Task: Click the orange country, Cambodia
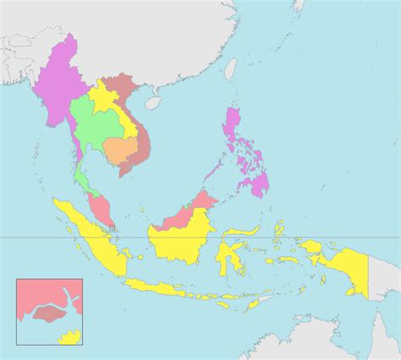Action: tap(121, 150)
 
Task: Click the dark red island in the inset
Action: tap(51, 314)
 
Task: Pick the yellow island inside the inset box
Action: tap(69, 338)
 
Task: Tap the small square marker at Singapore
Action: tap(112, 227)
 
